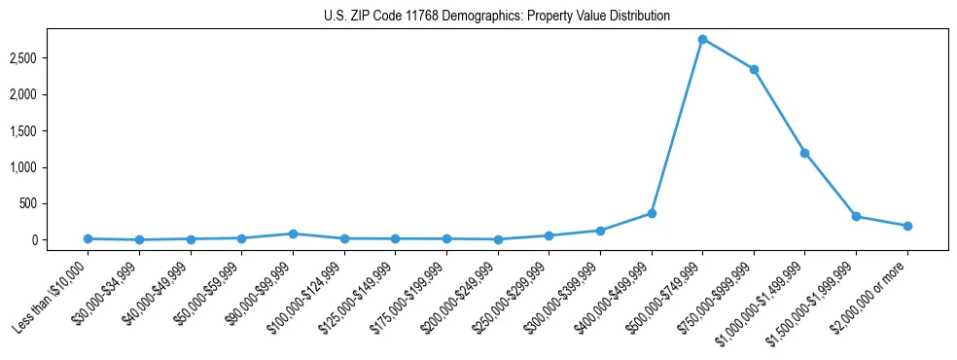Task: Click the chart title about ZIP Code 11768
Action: (x=497, y=17)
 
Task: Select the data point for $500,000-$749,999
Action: (x=702, y=39)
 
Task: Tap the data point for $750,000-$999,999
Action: (x=754, y=69)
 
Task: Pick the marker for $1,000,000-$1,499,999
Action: (x=804, y=153)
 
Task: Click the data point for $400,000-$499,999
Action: (x=652, y=213)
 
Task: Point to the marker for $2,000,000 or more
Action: (x=907, y=226)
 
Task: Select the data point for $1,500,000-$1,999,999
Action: (x=856, y=216)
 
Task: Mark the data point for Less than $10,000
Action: (x=89, y=238)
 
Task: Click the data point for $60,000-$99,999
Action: (x=293, y=234)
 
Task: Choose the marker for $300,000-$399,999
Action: (x=600, y=231)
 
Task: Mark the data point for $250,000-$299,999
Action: (x=549, y=235)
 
